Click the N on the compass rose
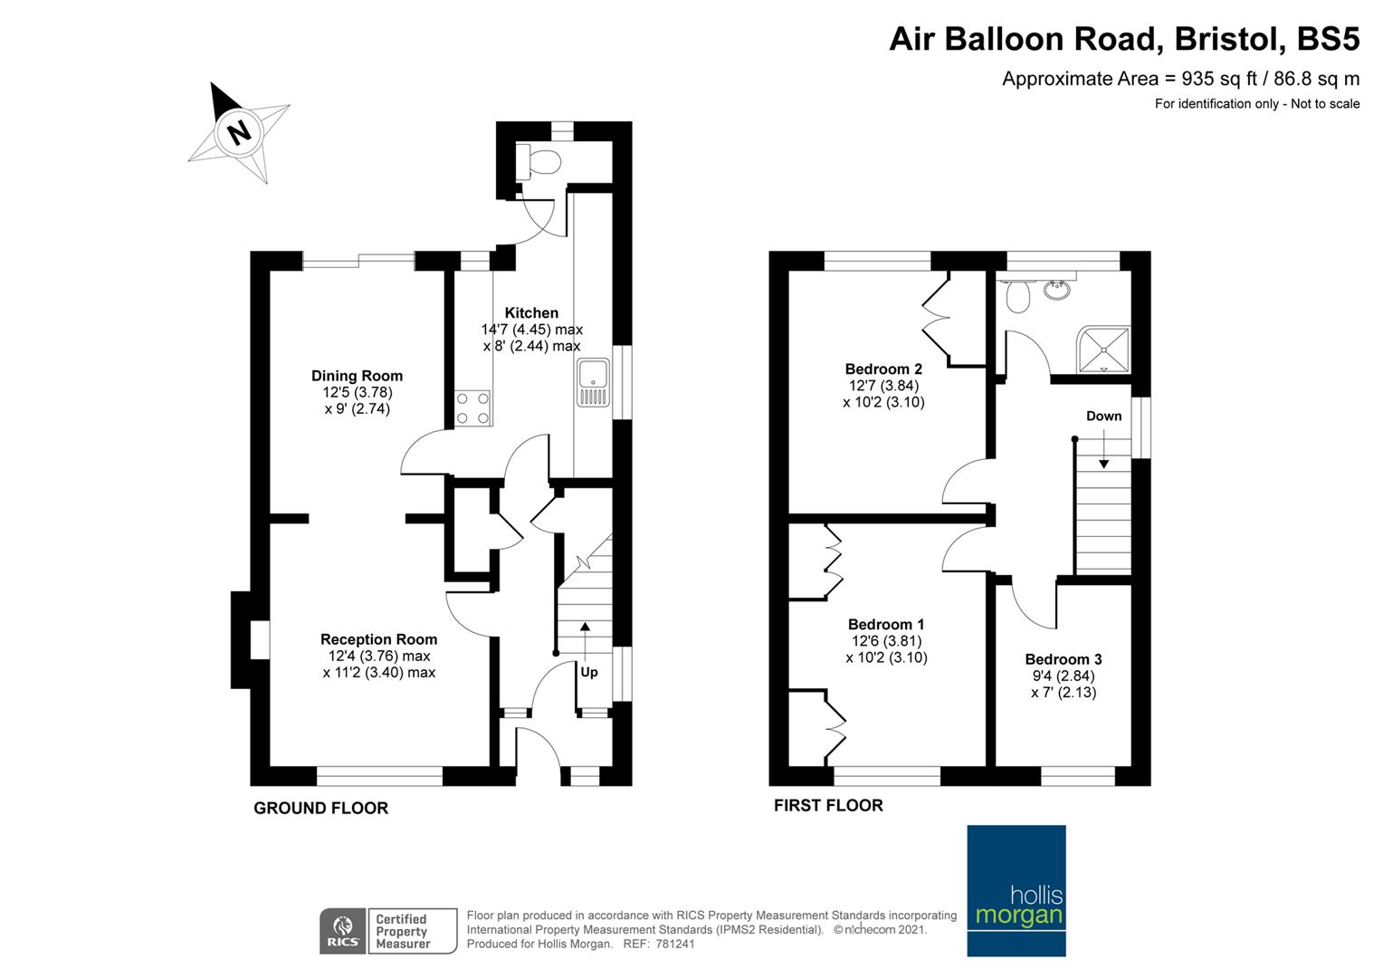pos(240,132)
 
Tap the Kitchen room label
pos(531,312)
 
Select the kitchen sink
pos(593,383)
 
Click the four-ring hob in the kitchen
pos(473,407)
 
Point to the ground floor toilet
pos(538,162)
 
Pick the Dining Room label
pos(357,376)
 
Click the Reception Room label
pos(378,638)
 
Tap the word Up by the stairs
pos(589,672)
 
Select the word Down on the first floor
pos(1104,416)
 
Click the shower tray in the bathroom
pos(1103,350)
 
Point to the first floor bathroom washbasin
pos(1057,289)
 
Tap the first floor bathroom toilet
pos(1017,296)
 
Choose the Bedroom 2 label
pos(883,369)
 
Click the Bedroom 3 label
pos(1063,659)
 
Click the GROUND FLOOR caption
pos(321,808)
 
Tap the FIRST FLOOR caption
pos(828,806)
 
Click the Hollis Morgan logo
pos(1016,890)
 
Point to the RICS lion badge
pos(343,931)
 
